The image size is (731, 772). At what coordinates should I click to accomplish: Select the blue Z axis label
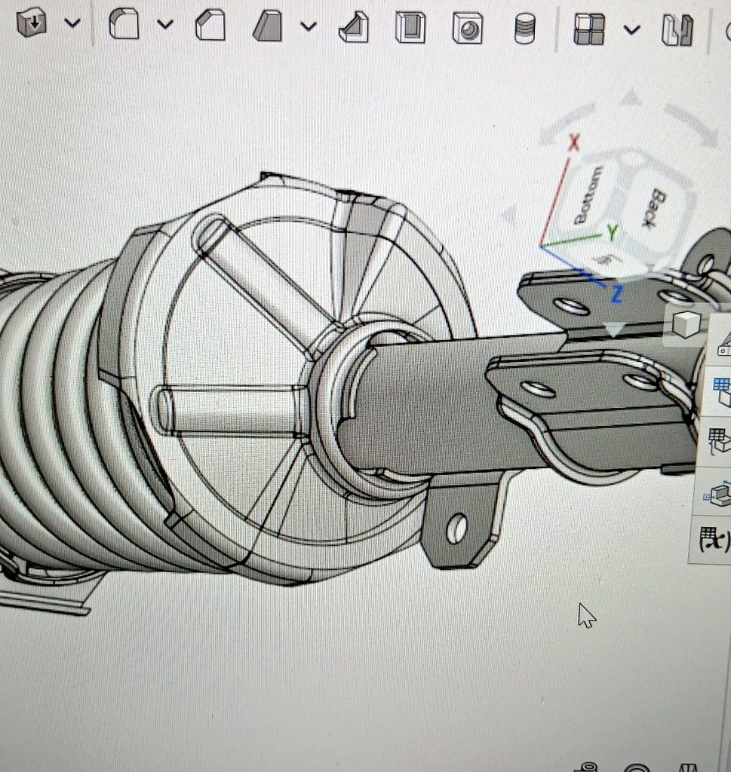[616, 295]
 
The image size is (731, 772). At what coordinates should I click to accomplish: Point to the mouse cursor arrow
[585, 614]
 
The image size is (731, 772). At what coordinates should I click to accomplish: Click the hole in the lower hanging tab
[457, 528]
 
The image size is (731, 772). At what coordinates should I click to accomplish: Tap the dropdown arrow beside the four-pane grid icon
[631, 29]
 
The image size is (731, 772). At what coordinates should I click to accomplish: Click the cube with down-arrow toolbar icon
[32, 23]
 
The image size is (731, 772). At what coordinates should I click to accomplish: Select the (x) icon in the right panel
[712, 539]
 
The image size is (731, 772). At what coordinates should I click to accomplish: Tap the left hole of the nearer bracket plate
[539, 389]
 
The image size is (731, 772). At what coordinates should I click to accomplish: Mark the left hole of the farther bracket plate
[571, 306]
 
